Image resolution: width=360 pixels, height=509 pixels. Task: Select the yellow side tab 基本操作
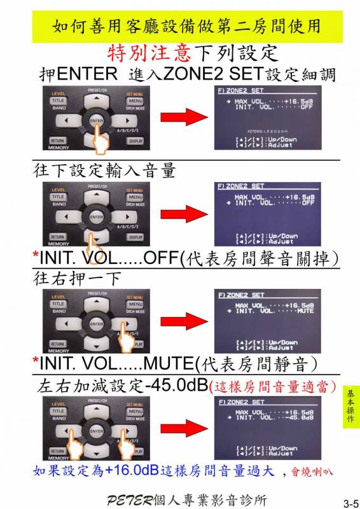(x=351, y=407)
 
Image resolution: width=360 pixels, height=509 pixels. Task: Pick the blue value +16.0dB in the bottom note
(x=131, y=471)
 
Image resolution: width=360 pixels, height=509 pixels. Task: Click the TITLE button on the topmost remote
(x=58, y=101)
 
